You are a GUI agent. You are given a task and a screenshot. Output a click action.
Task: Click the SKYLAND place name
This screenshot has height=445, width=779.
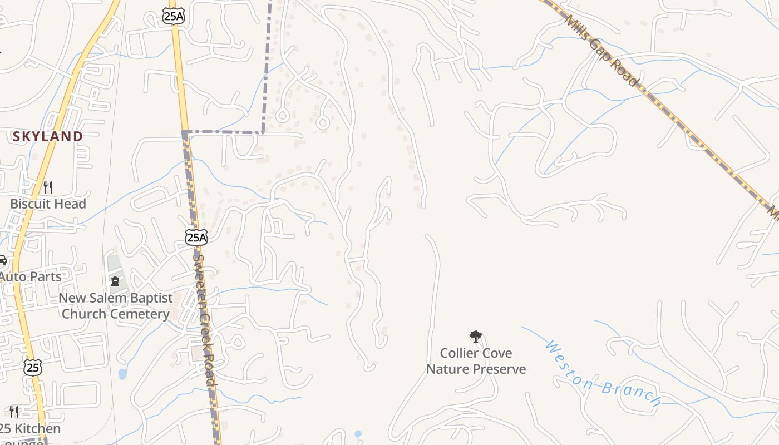click(48, 136)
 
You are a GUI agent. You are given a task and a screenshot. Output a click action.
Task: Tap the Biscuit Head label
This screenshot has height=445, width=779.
click(48, 204)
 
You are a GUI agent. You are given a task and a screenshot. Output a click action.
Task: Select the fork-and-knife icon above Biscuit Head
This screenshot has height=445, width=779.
click(48, 187)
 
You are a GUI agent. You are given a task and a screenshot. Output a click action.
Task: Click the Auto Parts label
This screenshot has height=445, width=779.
click(30, 276)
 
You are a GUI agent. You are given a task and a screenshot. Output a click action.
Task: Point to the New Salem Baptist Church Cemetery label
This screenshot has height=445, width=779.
click(116, 306)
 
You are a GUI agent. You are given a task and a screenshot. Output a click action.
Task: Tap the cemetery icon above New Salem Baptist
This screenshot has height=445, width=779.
click(115, 281)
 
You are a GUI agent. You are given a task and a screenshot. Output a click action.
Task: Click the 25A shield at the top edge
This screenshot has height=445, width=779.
click(173, 16)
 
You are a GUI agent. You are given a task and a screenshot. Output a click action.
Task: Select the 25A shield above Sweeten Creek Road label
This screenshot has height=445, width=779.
click(196, 238)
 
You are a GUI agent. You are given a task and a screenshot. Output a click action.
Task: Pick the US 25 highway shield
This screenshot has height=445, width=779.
click(33, 367)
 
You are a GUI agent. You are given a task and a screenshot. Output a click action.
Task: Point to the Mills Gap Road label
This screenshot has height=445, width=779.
click(601, 50)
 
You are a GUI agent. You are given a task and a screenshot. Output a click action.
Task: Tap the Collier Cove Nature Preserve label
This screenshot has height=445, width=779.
click(476, 361)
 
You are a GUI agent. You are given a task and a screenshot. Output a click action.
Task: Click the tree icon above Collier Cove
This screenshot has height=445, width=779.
click(475, 336)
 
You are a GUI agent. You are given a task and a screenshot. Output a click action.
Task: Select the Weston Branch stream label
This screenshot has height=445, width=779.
click(603, 375)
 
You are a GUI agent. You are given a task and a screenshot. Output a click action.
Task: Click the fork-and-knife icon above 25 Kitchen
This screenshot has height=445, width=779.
click(14, 412)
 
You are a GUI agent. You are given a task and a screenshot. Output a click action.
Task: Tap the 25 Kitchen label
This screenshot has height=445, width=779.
click(30, 429)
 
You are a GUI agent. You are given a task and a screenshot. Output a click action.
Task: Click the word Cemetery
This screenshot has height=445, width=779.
click(141, 314)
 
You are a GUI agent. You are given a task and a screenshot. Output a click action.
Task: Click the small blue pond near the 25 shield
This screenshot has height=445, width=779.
click(122, 374)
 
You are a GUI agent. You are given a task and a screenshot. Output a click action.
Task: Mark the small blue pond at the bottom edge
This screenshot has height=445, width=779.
click(358, 434)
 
